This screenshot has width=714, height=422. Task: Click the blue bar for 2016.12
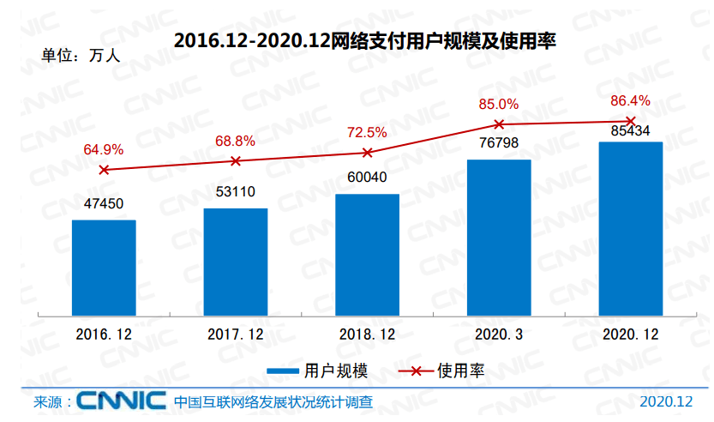click(x=104, y=268)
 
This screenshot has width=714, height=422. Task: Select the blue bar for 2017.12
click(x=236, y=262)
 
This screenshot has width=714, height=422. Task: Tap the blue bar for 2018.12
click(x=367, y=255)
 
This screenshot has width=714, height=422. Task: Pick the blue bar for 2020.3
click(x=499, y=238)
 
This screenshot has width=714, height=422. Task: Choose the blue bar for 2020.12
click(x=630, y=228)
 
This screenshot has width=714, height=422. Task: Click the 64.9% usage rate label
click(x=103, y=149)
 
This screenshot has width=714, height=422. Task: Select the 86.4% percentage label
click(x=630, y=100)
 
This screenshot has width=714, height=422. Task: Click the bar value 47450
click(x=104, y=203)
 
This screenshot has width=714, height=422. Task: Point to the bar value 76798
click(x=499, y=142)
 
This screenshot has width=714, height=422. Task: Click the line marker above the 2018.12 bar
click(x=367, y=153)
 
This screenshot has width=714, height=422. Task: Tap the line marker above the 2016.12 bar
click(x=104, y=170)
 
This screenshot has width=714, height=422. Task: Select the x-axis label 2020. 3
click(x=499, y=335)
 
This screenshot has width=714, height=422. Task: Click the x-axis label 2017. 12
click(x=236, y=335)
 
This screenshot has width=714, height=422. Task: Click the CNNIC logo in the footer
click(x=120, y=401)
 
